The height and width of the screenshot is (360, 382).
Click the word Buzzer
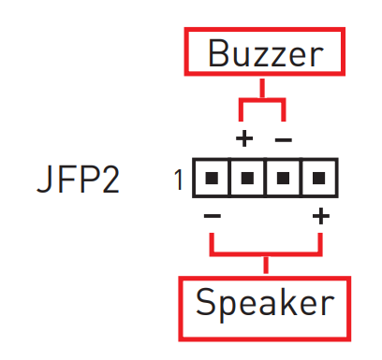[266, 53]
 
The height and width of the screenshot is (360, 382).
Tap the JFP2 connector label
[78, 179]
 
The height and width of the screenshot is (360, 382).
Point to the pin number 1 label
[179, 180]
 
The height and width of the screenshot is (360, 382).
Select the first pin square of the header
[212, 178]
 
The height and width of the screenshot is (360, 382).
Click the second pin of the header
[247, 178]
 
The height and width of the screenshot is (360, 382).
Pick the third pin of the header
[283, 178]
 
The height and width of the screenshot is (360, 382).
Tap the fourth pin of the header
[318, 178]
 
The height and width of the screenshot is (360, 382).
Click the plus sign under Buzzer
[244, 138]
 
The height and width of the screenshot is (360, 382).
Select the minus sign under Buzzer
[284, 139]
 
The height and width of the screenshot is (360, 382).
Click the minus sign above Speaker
[213, 215]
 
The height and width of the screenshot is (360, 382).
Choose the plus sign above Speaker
[321, 216]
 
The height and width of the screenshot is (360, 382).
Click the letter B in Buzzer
[218, 53]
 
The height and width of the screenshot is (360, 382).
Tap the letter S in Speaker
[205, 301]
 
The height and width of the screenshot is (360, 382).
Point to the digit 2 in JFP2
[110, 179]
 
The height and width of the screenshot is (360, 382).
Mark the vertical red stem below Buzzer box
[262, 89]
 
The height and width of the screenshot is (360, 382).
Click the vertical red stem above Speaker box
[266, 265]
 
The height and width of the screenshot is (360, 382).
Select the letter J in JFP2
[44, 180]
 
